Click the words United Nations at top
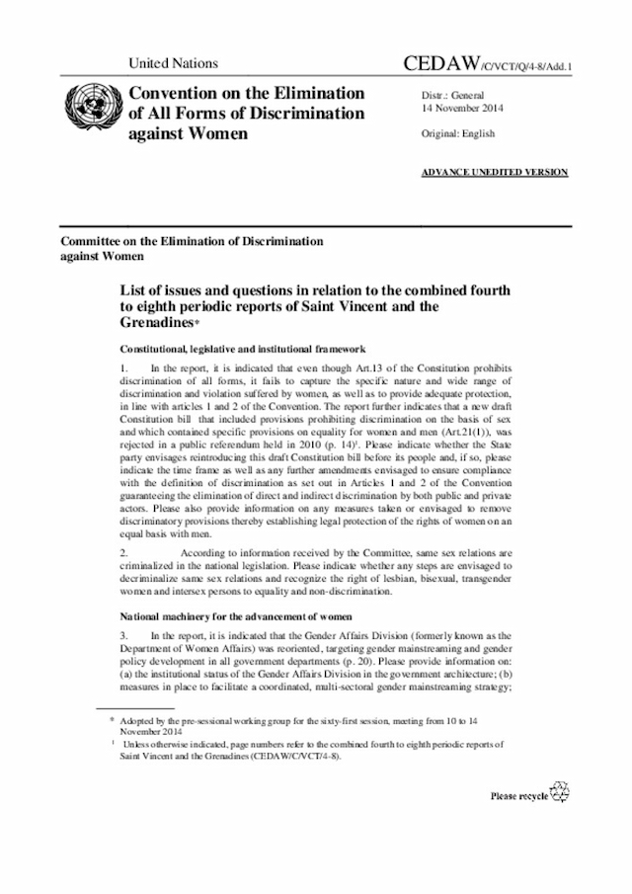tap(174, 64)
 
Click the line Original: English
tap(458, 133)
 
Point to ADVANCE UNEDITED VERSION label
tap(495, 172)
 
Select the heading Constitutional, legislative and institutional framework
tap(243, 349)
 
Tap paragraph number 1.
tap(123, 368)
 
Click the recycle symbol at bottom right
tap(559, 793)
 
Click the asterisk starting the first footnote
tap(112, 724)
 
